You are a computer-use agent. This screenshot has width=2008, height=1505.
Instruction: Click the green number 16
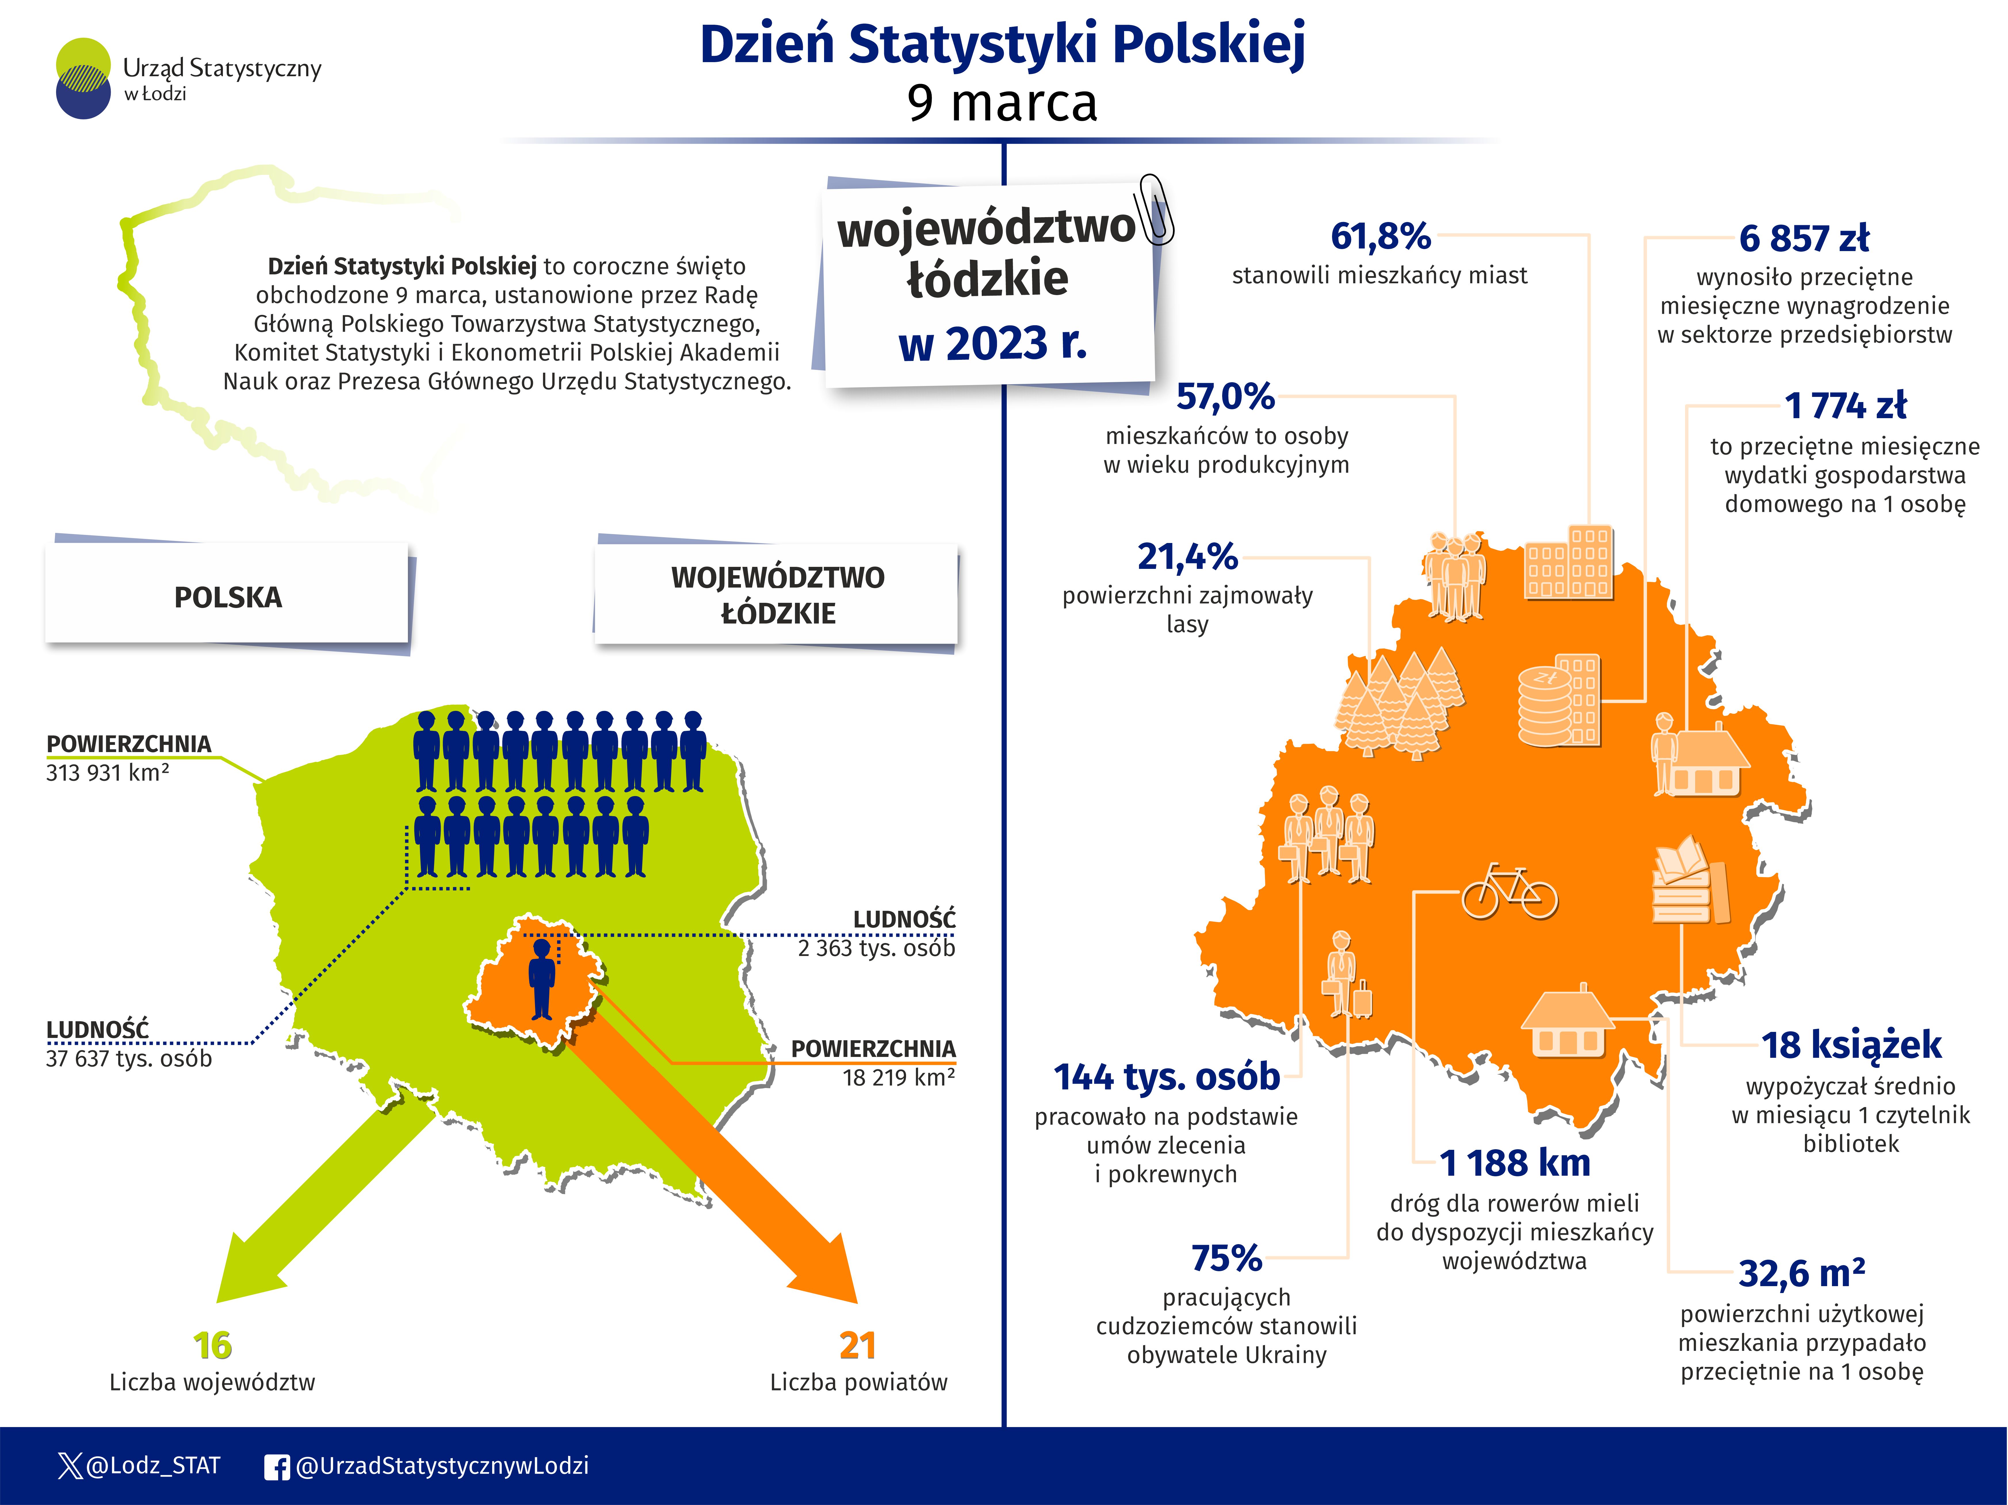212,1345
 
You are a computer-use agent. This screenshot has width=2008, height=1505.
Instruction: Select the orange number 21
857,1345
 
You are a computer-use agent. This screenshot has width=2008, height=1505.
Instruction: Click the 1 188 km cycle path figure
1515,1163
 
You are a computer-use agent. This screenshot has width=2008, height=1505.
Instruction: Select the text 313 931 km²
107,772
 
